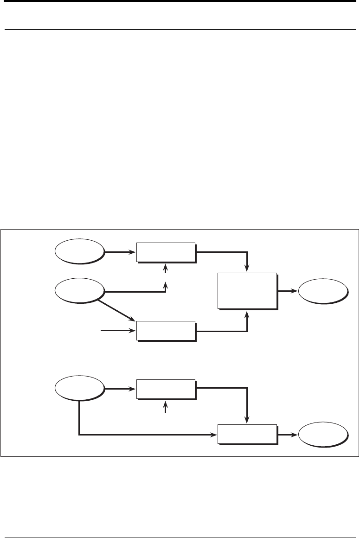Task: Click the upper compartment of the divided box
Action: [247, 282]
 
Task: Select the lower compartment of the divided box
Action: [247, 300]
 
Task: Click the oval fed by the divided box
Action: [322, 291]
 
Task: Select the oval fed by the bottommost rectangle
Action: [322, 435]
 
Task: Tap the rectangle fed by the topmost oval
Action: [166, 251]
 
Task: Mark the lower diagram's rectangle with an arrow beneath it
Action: [166, 388]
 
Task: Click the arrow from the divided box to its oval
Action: [288, 291]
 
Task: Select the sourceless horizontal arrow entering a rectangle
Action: [118, 331]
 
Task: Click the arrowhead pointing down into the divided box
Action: [247, 268]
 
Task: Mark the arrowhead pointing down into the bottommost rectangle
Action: [247, 420]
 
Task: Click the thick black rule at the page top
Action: [180, 1]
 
